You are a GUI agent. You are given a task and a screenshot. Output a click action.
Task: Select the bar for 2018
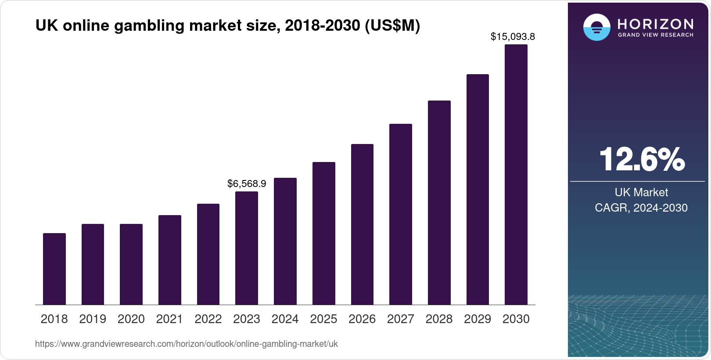click(54, 269)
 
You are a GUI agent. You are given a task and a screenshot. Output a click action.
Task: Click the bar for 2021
click(170, 260)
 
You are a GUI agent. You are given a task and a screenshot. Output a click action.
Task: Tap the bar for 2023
click(247, 248)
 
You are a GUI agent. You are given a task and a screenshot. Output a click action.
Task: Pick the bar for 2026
click(362, 224)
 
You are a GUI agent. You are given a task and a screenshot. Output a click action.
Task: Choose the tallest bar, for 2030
click(516, 175)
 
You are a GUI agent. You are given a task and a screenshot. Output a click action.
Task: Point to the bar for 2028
click(439, 203)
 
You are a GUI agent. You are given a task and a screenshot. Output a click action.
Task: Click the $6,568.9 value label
click(247, 184)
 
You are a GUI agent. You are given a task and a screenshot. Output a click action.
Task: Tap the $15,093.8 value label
click(513, 36)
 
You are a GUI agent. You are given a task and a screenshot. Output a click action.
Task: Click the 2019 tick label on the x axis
click(93, 319)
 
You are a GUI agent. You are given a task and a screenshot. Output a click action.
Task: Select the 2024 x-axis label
click(285, 319)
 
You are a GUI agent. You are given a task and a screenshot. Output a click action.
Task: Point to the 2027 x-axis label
click(401, 319)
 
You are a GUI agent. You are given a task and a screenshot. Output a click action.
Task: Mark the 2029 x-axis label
click(478, 319)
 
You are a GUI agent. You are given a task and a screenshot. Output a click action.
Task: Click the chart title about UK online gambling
click(227, 26)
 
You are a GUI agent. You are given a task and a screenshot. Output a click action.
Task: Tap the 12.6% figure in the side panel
click(641, 159)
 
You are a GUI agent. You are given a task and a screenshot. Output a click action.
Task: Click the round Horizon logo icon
click(596, 27)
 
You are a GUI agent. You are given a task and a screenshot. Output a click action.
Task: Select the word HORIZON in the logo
click(656, 24)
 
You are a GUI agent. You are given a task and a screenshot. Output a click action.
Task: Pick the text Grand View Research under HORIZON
click(656, 35)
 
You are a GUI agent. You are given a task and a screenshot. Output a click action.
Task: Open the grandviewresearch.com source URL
click(187, 344)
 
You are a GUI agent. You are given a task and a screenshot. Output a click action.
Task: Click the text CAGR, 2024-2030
click(641, 208)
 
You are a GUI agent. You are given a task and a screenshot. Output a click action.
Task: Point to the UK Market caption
click(641, 192)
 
